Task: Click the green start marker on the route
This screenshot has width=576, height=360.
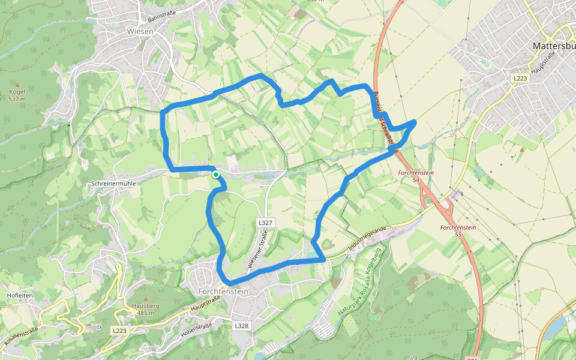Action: point(215,174)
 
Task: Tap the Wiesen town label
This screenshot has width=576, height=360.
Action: point(140,31)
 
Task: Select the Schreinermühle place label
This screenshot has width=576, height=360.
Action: point(114,183)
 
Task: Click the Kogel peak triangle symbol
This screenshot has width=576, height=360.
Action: point(17,85)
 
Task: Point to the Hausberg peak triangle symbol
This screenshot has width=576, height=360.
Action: point(144,298)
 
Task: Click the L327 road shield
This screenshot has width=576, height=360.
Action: point(265,223)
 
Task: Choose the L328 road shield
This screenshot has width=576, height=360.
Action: point(241,326)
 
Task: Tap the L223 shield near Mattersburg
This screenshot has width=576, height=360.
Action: point(519,79)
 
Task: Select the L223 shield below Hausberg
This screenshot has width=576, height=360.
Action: point(119,331)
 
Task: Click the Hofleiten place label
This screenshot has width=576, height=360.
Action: point(16,296)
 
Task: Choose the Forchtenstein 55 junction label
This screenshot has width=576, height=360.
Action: point(458,231)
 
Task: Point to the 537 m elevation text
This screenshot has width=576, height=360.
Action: point(17,99)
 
